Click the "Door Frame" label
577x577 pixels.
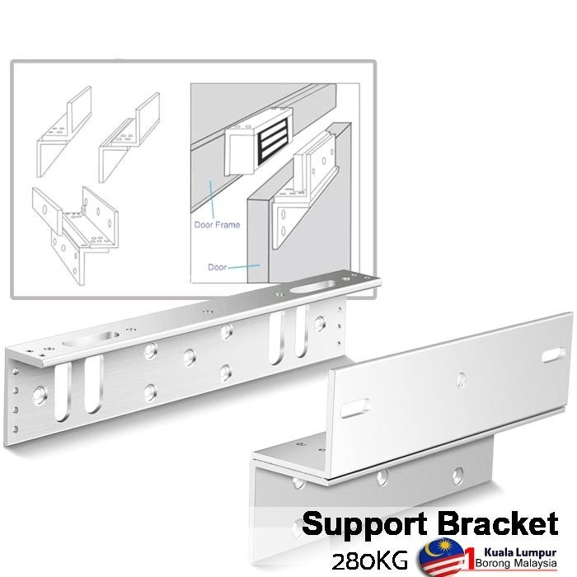tap(217, 224)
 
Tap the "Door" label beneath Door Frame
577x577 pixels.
tap(217, 267)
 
